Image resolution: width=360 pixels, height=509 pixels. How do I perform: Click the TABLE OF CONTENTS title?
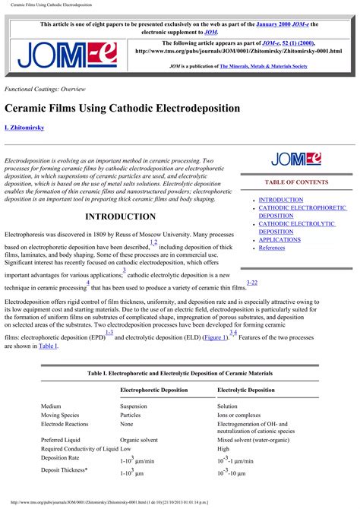[296, 182]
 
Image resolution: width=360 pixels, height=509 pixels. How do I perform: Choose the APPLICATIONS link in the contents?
[279, 239]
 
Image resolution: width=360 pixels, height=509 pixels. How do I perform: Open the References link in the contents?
[272, 248]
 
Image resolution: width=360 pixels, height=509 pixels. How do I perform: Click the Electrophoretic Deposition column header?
[154, 390]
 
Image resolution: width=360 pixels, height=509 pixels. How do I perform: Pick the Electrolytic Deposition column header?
[246, 390]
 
